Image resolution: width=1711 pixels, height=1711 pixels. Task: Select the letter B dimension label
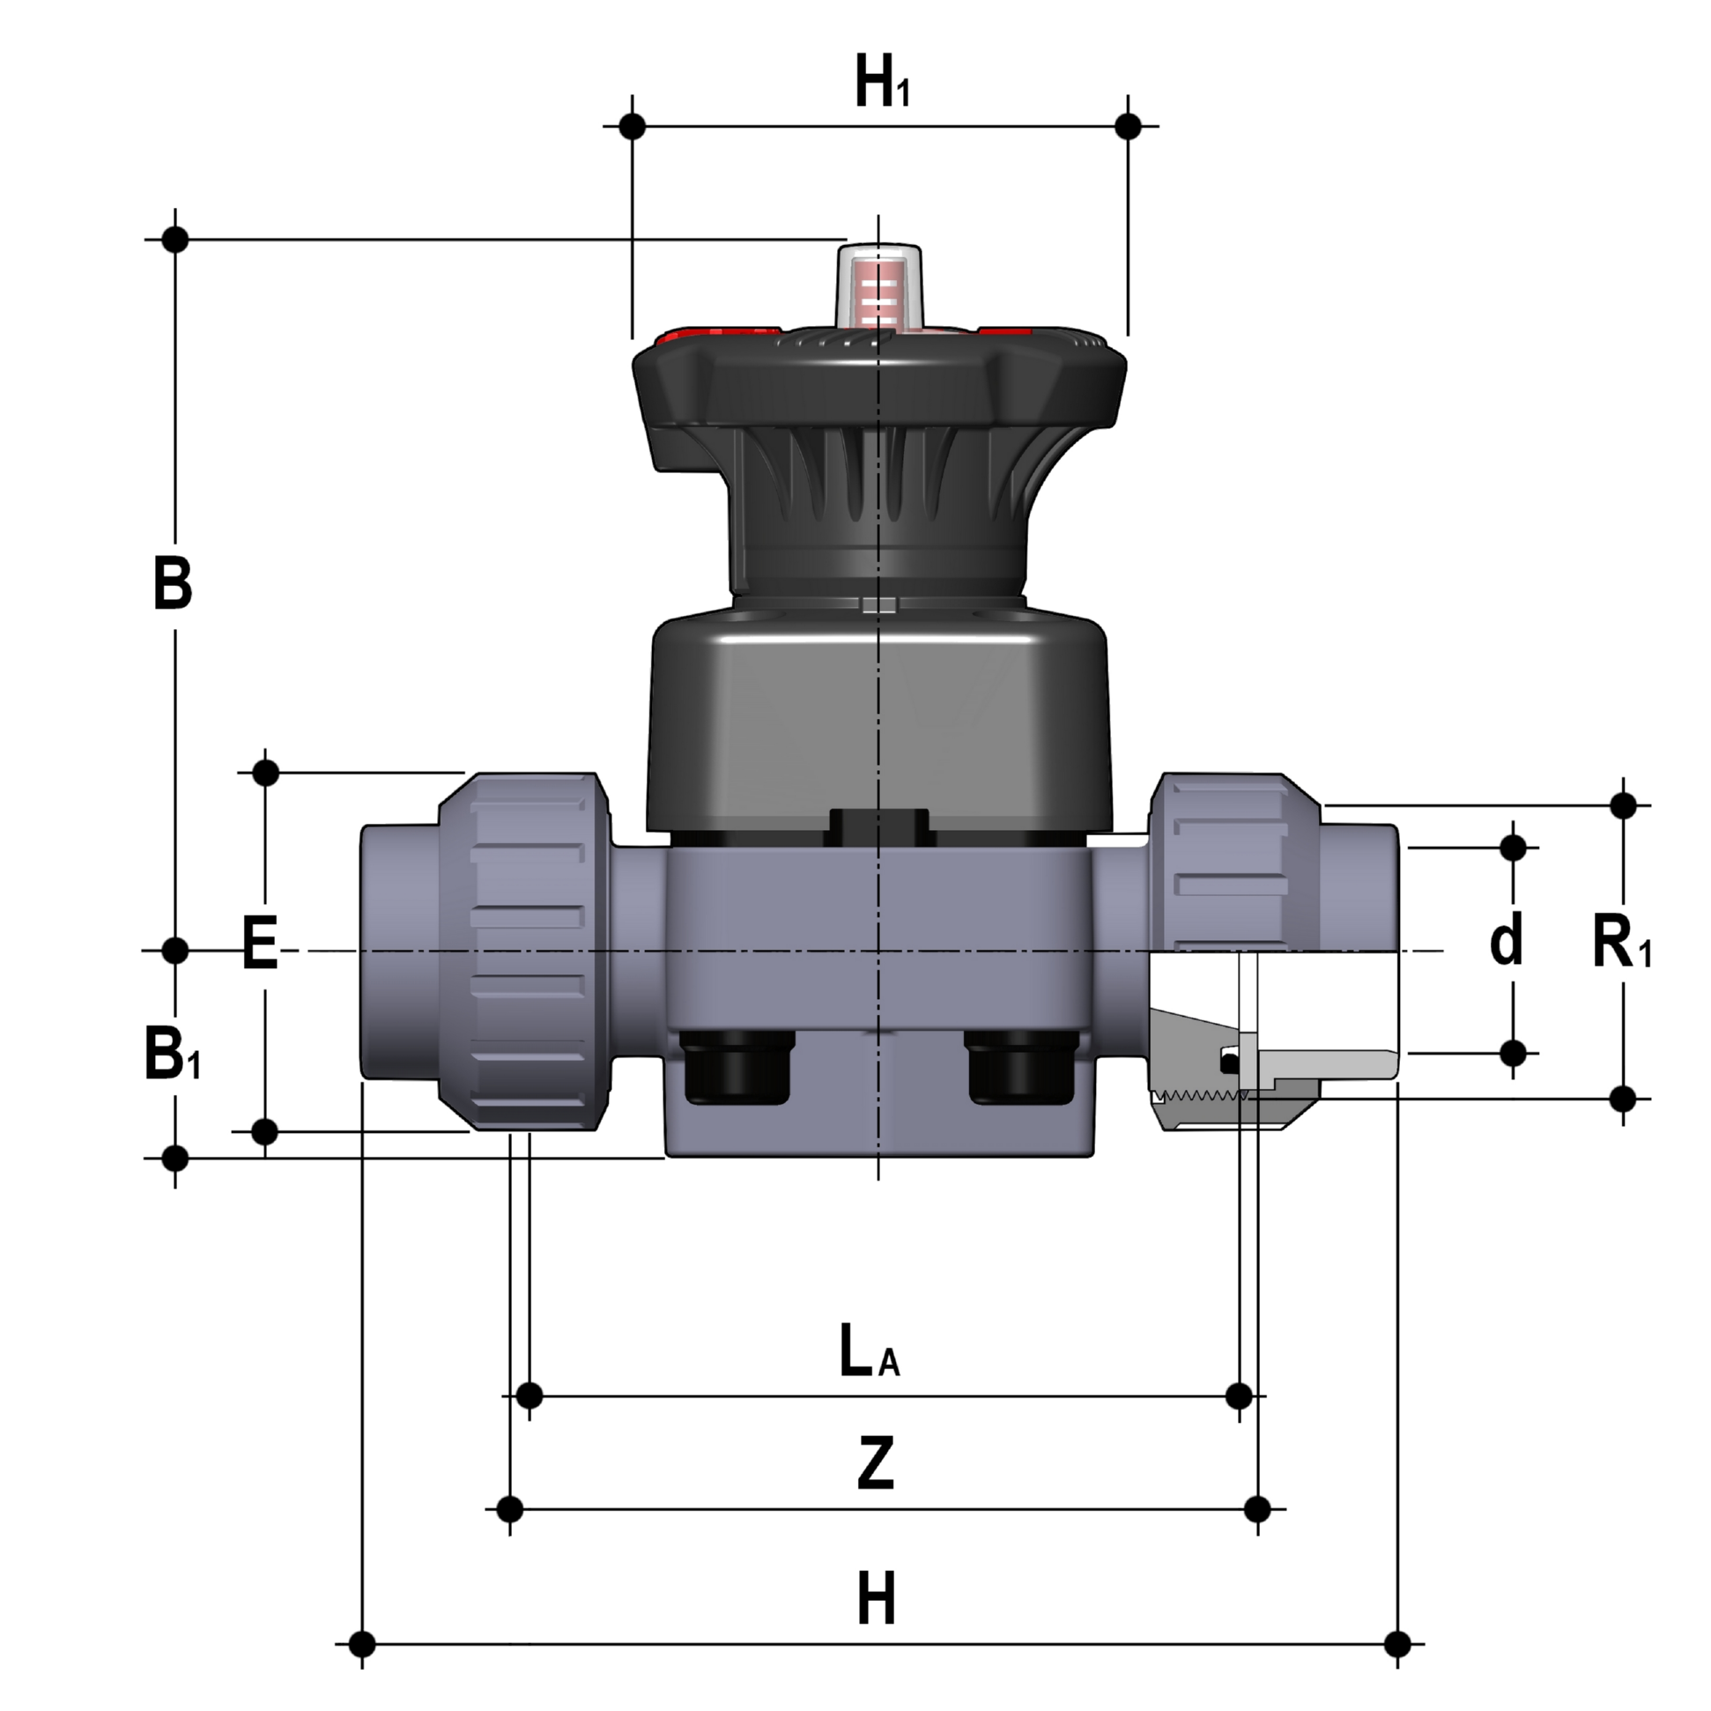coord(173,584)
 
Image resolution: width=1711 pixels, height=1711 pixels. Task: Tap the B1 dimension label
coord(173,1054)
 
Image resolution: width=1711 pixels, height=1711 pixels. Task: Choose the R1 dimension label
coord(1621,945)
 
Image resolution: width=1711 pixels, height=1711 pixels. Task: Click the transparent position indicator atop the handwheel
coord(879,284)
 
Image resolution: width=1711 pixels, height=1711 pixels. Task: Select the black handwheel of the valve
coord(878,389)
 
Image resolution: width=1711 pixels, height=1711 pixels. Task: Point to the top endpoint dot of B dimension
coord(175,239)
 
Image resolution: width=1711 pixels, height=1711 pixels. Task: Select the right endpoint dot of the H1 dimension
coord(1129,126)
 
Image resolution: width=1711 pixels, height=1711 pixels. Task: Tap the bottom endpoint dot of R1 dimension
coord(1623,1099)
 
